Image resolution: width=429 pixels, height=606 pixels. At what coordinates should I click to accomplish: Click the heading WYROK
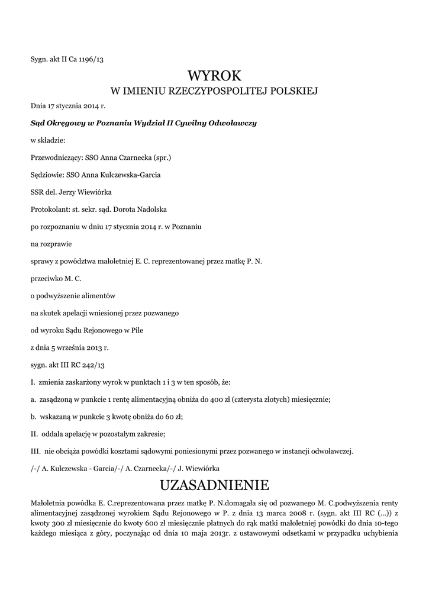(x=214, y=76)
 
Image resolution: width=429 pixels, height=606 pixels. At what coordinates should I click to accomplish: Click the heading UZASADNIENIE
(x=214, y=485)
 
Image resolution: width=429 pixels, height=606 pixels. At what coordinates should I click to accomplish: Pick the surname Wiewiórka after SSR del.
(x=105, y=192)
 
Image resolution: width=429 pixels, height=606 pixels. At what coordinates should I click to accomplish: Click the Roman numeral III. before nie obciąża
(x=34, y=451)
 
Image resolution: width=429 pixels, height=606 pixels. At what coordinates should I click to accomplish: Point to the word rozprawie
(x=56, y=243)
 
